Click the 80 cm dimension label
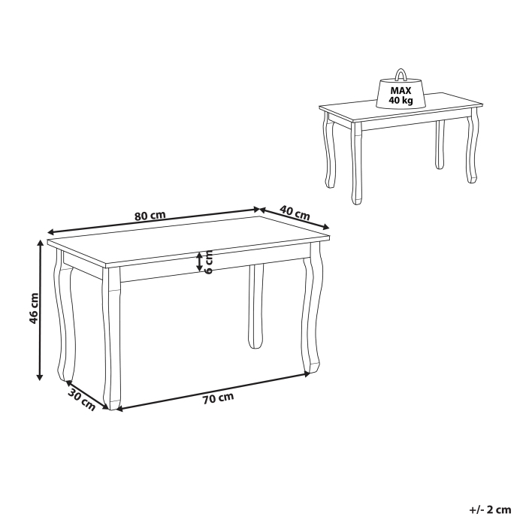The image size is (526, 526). pyautogui.click(x=150, y=215)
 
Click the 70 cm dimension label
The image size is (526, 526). pyautogui.click(x=218, y=398)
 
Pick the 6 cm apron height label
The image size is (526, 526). pyautogui.click(x=210, y=261)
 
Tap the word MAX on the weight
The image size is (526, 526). pyautogui.click(x=401, y=88)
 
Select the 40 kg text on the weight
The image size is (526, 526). pyautogui.click(x=401, y=99)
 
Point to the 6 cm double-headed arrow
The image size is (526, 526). pyautogui.click(x=199, y=261)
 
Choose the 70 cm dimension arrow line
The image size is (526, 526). pyautogui.click(x=214, y=389)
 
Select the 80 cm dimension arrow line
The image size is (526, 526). pyautogui.click(x=150, y=221)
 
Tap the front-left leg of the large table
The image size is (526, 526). pyautogui.click(x=113, y=338)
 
